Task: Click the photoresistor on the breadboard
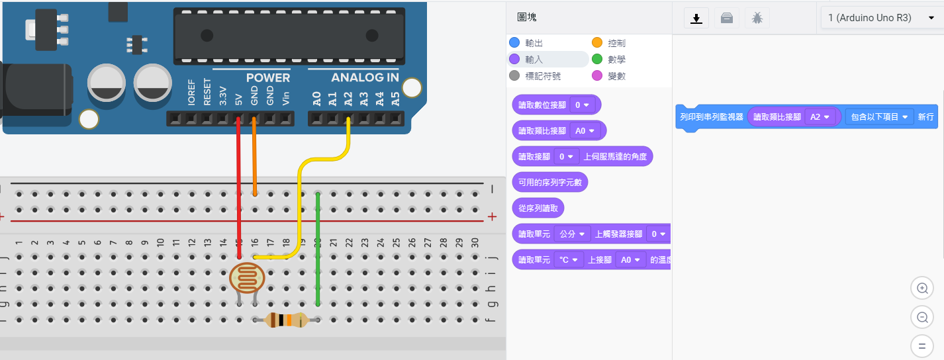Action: [246, 278]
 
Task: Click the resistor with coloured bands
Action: [286, 320]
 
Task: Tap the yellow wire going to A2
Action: [300, 199]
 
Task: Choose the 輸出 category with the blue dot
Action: [534, 43]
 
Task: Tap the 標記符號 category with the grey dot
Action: [542, 76]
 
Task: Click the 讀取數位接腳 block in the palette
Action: [542, 105]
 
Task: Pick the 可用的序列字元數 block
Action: [549, 182]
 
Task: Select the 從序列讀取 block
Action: [538, 208]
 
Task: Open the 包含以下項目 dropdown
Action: [879, 117]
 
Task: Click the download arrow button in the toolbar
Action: [696, 19]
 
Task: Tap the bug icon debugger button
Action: [757, 19]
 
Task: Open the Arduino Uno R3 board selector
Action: [881, 18]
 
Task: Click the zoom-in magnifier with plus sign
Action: [921, 289]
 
